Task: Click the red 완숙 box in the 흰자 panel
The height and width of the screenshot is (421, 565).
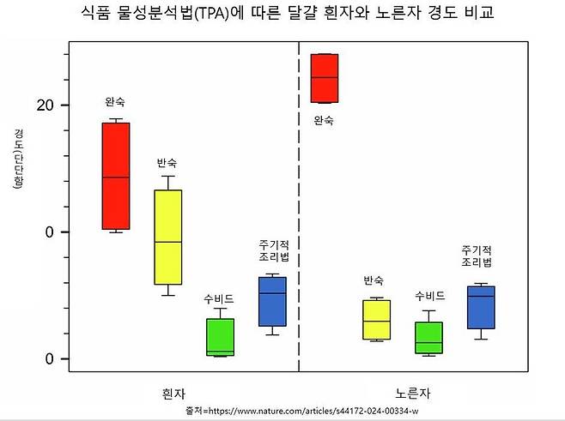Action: coord(116,176)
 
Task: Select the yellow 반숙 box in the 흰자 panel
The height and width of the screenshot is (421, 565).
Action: coord(167,237)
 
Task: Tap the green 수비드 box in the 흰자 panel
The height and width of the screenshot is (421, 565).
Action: coord(220,336)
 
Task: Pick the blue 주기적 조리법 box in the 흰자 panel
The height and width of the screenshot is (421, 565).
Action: coord(272,301)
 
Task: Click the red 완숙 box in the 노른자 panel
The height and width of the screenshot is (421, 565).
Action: coord(324,78)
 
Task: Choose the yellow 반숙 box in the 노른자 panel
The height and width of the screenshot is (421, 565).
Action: coord(376,319)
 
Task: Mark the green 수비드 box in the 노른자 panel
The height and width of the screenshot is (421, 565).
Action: coord(428,338)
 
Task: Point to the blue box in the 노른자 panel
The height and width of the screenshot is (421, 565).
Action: coord(481,307)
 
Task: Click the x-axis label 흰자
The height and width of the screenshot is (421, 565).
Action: coord(174,393)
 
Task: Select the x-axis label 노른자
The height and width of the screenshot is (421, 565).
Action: coord(413,393)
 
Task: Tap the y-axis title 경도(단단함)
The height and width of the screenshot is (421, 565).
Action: coord(18,159)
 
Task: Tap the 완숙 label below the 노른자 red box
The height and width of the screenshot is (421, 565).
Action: coord(323,120)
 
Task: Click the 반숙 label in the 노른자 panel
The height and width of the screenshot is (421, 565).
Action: coord(374,280)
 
